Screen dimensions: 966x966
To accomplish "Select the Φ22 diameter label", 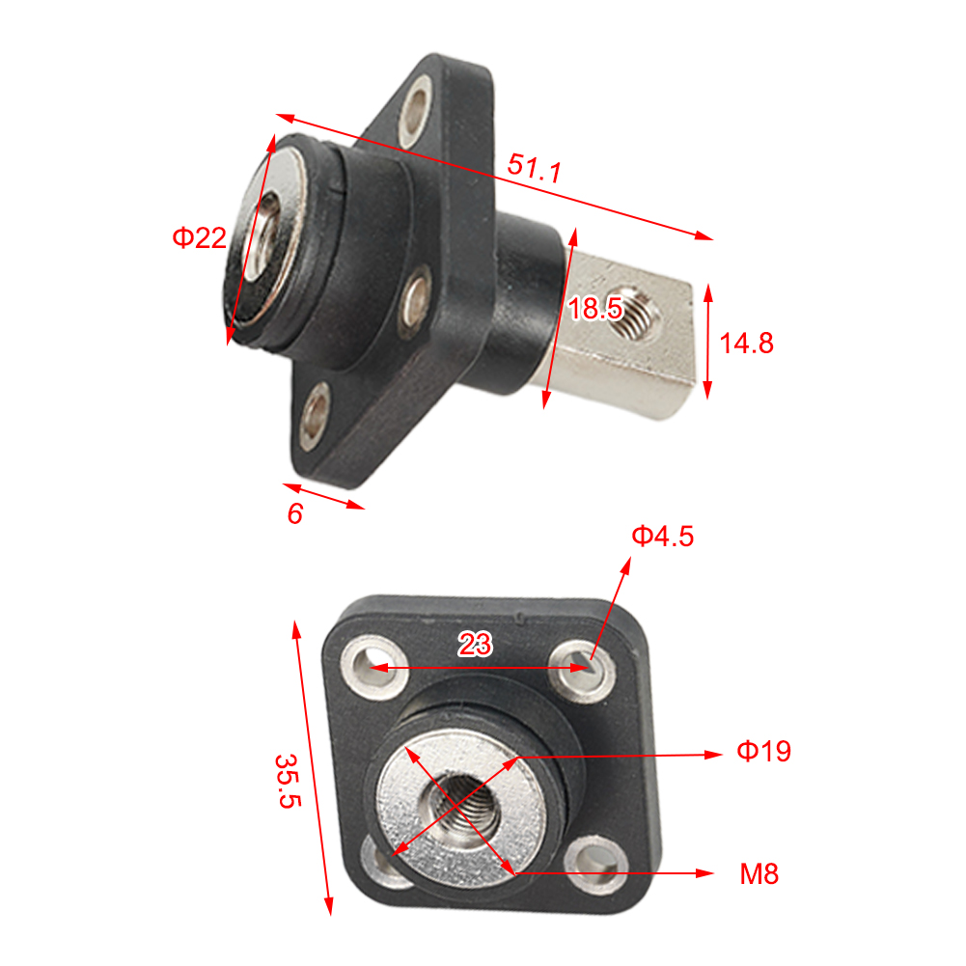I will (199, 237).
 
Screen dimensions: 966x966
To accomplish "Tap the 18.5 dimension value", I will (593, 309).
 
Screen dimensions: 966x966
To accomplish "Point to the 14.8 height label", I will (747, 343).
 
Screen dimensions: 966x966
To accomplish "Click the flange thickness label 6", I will (295, 514).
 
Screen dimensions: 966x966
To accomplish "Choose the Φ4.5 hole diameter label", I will (662, 536).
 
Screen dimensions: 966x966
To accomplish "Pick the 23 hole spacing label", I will (474, 645).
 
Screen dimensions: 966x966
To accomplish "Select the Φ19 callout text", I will (764, 752).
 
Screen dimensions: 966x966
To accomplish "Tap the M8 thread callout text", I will (759, 874).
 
